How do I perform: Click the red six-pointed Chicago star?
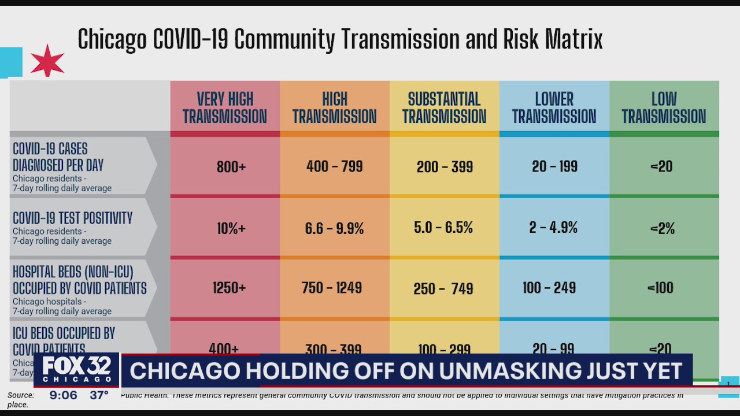[47, 61]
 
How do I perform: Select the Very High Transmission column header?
[225, 108]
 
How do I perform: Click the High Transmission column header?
[334, 108]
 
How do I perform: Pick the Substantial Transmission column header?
[444, 108]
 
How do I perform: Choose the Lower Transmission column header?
[554, 108]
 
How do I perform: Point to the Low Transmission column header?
[664, 108]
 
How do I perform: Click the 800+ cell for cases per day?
[231, 167]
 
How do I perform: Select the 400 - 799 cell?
[335, 167]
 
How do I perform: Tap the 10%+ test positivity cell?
[231, 228]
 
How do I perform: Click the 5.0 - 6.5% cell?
[445, 228]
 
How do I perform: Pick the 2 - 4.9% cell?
[553, 228]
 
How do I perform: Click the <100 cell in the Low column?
[661, 288]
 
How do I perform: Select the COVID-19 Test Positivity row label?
[73, 218]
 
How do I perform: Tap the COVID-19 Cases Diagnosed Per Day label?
[58, 157]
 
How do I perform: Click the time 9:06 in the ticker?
[63, 396]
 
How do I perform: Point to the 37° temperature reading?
[99, 396]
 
